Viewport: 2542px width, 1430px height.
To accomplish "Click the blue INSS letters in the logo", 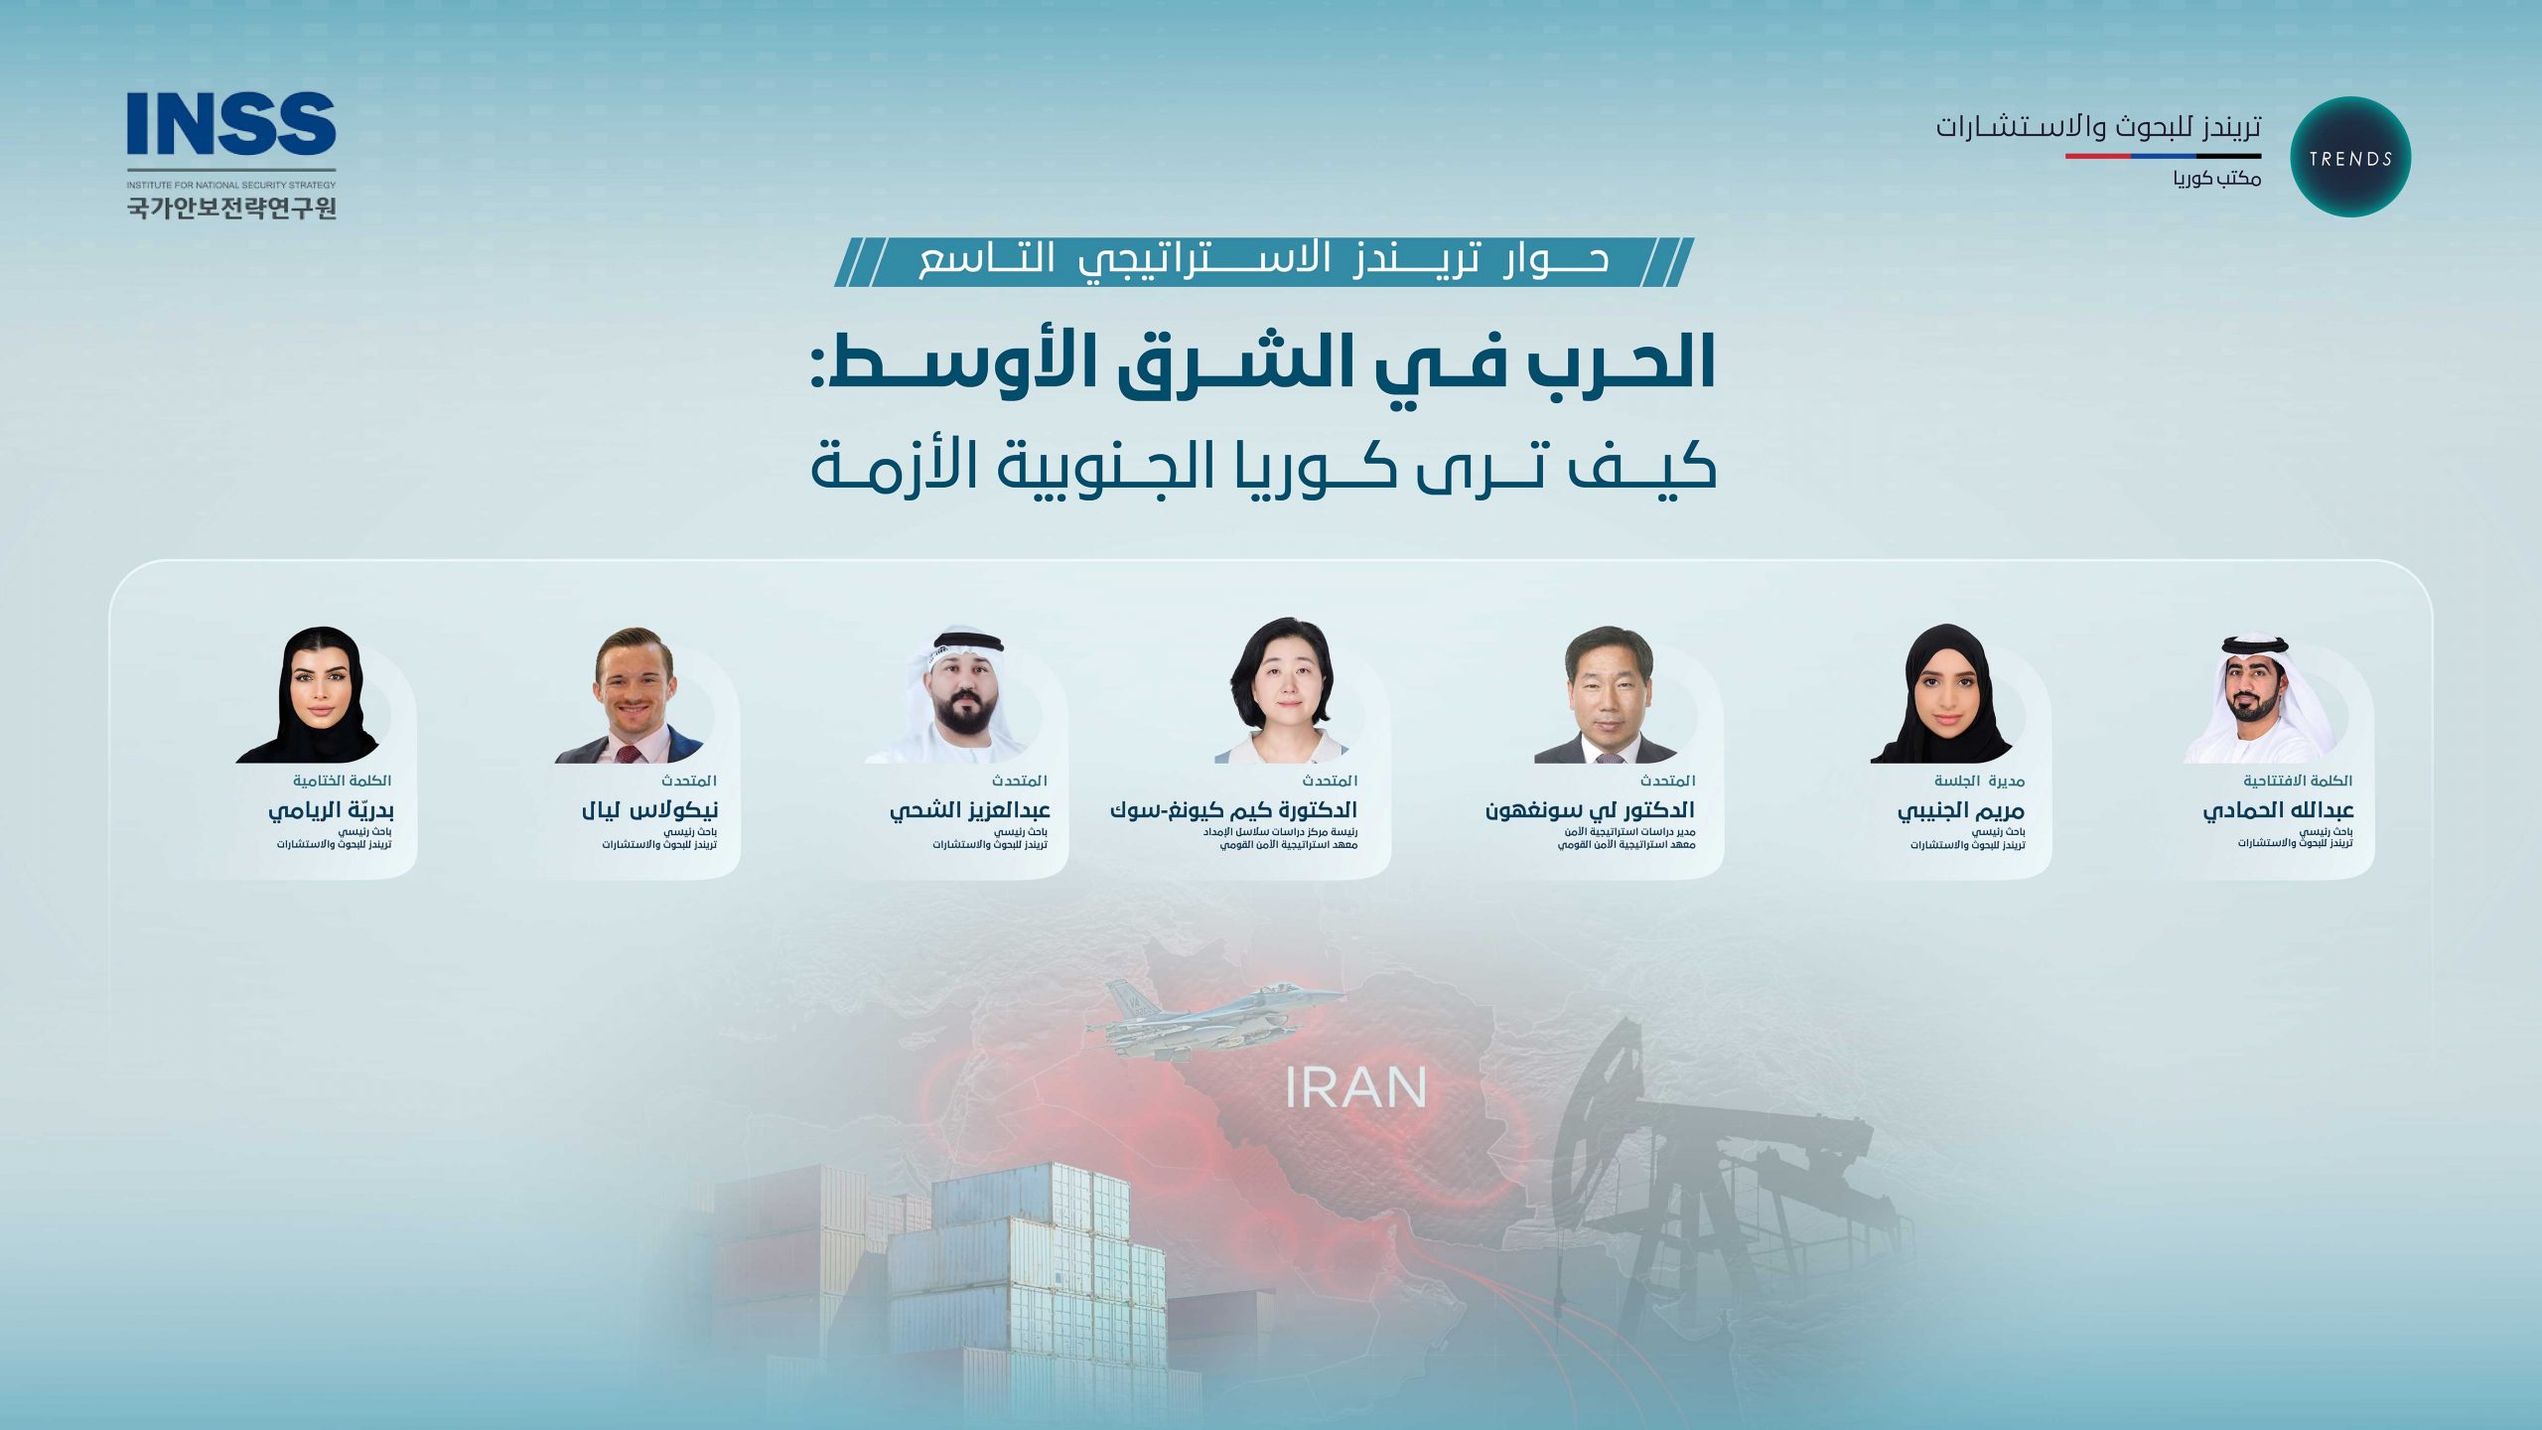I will (x=230, y=124).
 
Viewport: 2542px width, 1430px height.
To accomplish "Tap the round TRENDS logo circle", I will (x=2349, y=157).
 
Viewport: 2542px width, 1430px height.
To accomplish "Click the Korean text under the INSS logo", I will (x=231, y=207).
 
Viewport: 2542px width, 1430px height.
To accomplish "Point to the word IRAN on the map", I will (x=1355, y=1088).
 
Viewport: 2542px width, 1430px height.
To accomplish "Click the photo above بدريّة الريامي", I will (x=316, y=696).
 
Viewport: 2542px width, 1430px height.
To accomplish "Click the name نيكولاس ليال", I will (x=649, y=810).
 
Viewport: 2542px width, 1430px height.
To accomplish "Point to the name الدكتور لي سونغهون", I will (x=1590, y=810).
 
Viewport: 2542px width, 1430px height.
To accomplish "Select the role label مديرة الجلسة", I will (x=1979, y=781).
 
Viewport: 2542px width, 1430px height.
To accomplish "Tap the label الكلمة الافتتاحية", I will (x=2297, y=781).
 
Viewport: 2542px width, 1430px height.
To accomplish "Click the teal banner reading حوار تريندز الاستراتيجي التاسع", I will (x=1263, y=261).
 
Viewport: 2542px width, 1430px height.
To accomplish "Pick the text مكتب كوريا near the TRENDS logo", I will (x=2216, y=179).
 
